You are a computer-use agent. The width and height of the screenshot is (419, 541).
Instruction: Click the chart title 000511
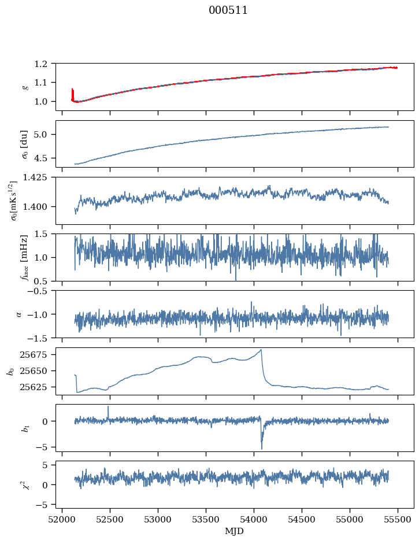228,10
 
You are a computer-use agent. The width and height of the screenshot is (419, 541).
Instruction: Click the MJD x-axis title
235,531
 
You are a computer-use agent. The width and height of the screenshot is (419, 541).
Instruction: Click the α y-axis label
19,314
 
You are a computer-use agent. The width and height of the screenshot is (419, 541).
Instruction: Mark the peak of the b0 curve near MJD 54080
261,350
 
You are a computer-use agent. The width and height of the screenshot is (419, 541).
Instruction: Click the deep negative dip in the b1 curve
261,448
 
